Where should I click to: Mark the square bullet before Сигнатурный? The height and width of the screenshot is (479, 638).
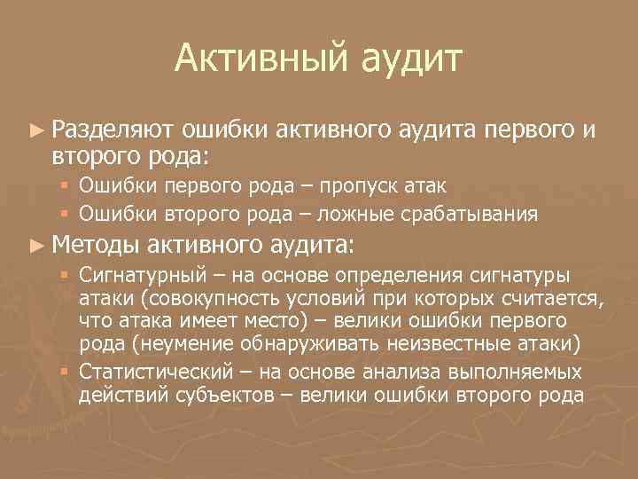[66, 275]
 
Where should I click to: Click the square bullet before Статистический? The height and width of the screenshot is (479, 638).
[66, 371]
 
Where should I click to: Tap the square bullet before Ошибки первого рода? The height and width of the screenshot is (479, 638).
[66, 185]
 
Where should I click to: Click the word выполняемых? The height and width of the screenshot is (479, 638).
[517, 372]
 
